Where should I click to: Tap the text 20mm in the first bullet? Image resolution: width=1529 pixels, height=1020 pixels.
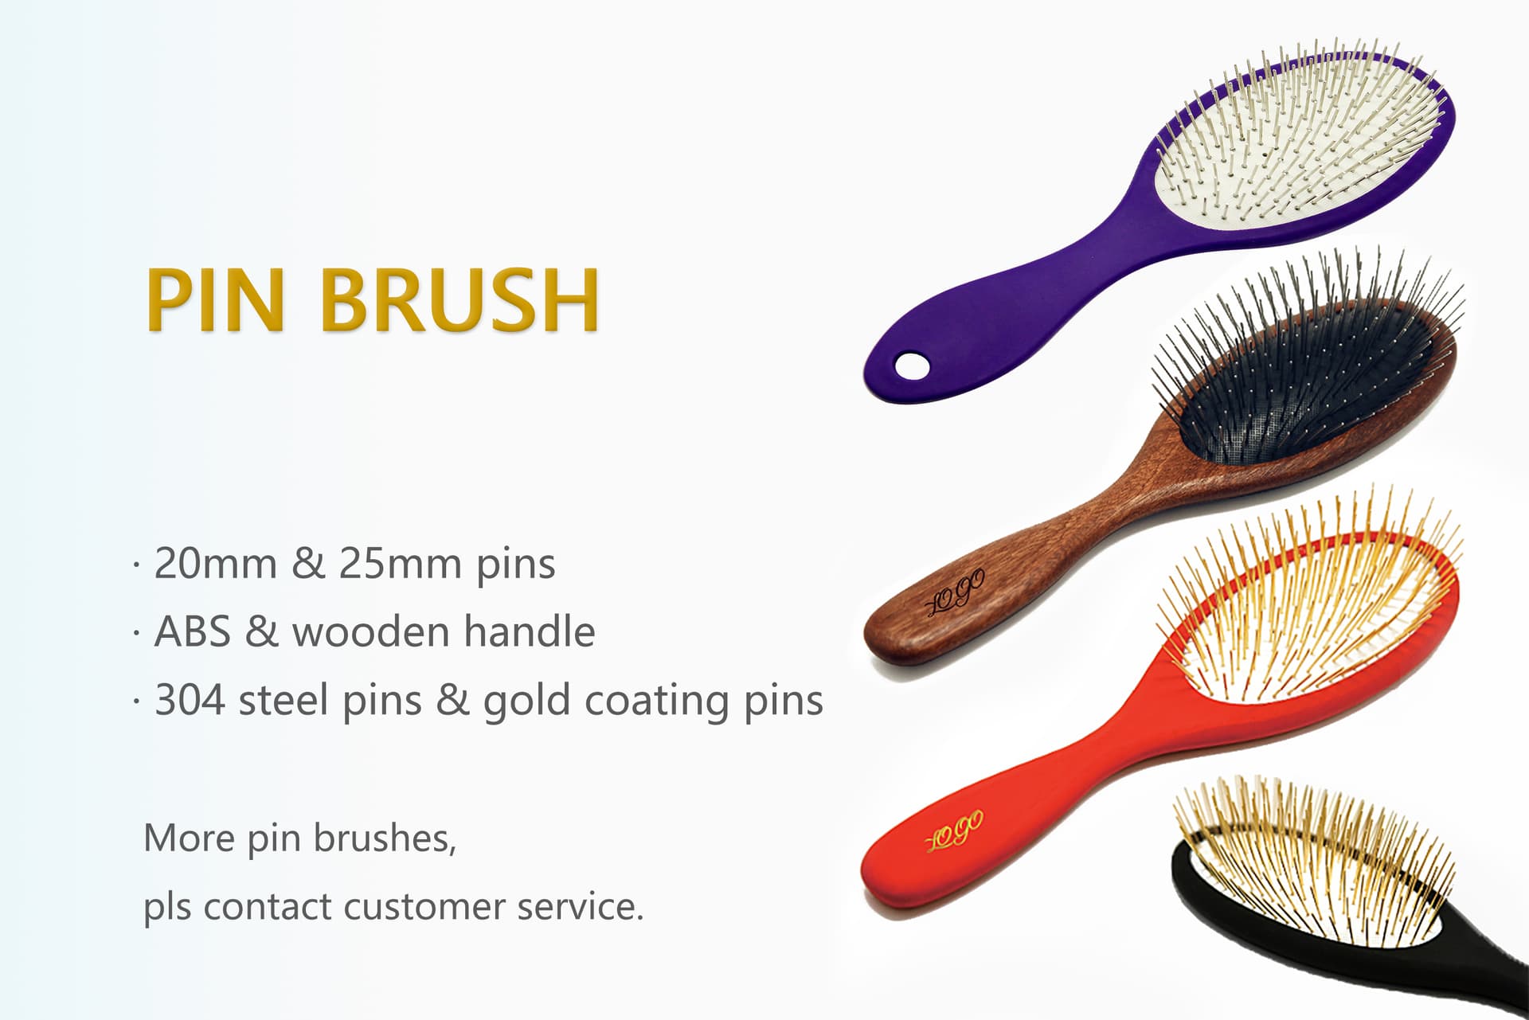pos(215,563)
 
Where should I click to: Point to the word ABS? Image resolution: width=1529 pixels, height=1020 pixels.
pos(191,631)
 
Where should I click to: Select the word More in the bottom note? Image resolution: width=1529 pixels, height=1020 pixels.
pos(190,838)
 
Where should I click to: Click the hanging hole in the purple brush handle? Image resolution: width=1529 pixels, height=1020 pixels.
pos(911,365)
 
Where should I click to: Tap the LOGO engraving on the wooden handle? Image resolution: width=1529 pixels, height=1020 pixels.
pos(955,592)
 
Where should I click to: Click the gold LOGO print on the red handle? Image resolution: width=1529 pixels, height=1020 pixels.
pos(954,831)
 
